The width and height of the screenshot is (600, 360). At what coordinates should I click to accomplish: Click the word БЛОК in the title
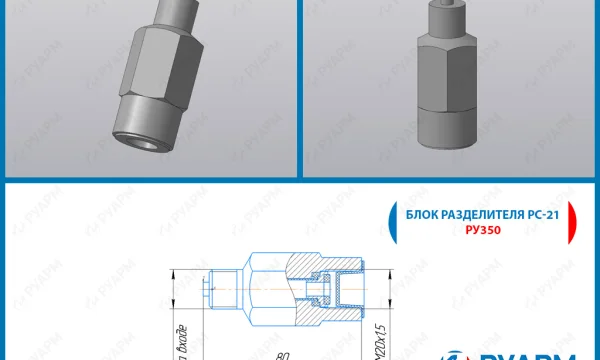pos(419,216)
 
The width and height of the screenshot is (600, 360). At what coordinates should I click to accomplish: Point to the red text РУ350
pos(482,230)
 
